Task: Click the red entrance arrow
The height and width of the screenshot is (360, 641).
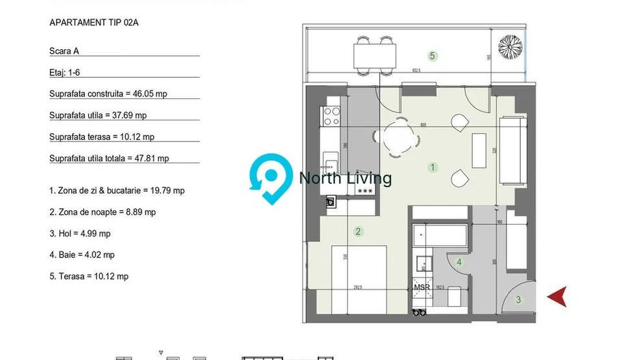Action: (x=558, y=296)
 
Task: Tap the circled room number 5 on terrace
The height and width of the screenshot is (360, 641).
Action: (x=432, y=56)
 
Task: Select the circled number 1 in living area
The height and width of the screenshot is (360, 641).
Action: (x=432, y=167)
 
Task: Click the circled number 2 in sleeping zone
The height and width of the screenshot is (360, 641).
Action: (x=358, y=232)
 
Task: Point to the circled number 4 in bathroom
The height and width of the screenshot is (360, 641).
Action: (x=459, y=262)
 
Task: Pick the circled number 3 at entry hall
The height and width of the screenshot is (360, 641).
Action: (x=518, y=299)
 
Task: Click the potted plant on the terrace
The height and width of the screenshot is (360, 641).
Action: (x=510, y=47)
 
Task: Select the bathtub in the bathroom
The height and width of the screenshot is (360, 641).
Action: (x=440, y=237)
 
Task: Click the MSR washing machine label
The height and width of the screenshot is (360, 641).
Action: (x=422, y=288)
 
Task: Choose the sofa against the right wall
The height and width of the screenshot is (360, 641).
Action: (x=513, y=150)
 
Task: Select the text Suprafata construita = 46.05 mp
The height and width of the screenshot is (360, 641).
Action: (x=108, y=94)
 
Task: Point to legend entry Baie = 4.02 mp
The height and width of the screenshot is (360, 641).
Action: (x=81, y=255)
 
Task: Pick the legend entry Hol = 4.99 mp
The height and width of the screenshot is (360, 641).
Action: (x=80, y=234)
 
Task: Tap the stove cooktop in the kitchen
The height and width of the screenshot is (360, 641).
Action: (x=331, y=115)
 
